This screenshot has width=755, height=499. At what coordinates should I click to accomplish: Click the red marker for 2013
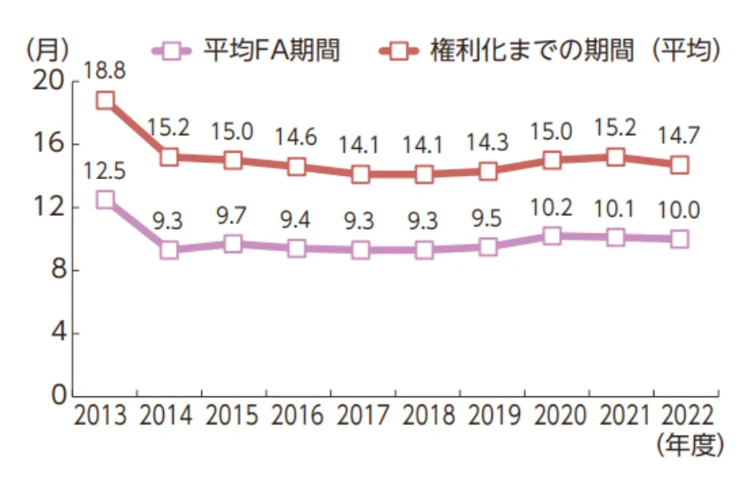106,101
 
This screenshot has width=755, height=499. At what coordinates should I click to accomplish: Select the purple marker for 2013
106,199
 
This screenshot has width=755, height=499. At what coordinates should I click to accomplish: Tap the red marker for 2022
679,165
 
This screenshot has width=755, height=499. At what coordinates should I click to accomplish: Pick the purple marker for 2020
552,236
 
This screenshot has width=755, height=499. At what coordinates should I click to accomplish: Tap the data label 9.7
232,215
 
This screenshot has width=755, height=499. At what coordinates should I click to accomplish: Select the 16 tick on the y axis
48,144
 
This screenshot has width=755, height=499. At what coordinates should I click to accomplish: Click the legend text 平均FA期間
272,50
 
